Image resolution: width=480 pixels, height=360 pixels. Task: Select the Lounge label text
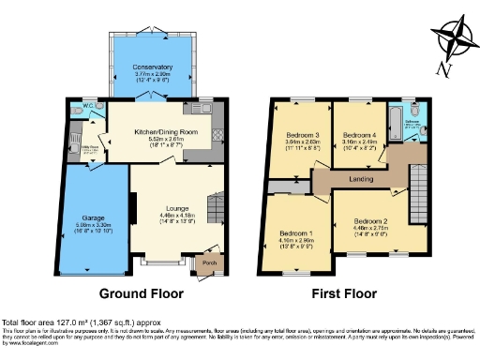click(165, 207)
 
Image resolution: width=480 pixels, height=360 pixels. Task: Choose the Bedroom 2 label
click(378, 218)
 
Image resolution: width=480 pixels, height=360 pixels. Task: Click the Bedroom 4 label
click(359, 135)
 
